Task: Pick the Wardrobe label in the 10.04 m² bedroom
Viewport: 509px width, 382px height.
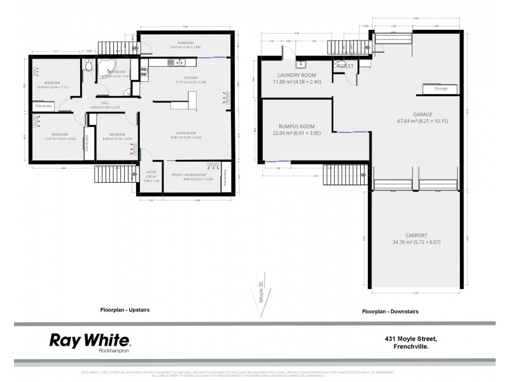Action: click(43, 106)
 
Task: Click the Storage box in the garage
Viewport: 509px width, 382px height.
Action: click(440, 89)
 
